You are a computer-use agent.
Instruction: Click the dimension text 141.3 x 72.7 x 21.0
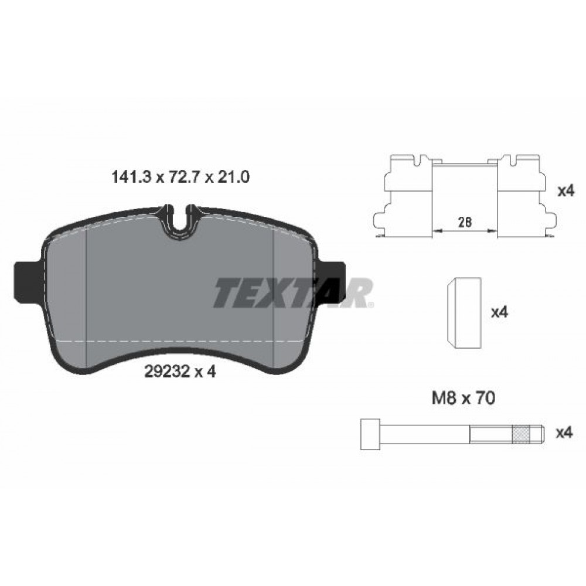tap(181, 177)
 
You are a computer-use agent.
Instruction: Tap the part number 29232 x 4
tap(180, 372)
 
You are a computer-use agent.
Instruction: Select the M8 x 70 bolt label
tap(464, 398)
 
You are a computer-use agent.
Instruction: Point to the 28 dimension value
tap(465, 222)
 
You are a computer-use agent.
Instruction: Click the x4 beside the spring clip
tap(565, 192)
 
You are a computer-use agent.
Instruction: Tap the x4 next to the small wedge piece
tap(500, 312)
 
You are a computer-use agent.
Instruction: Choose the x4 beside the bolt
tap(564, 433)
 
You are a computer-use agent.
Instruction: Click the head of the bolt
tap(370, 434)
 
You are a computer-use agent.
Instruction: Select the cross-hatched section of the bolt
tap(522, 434)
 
